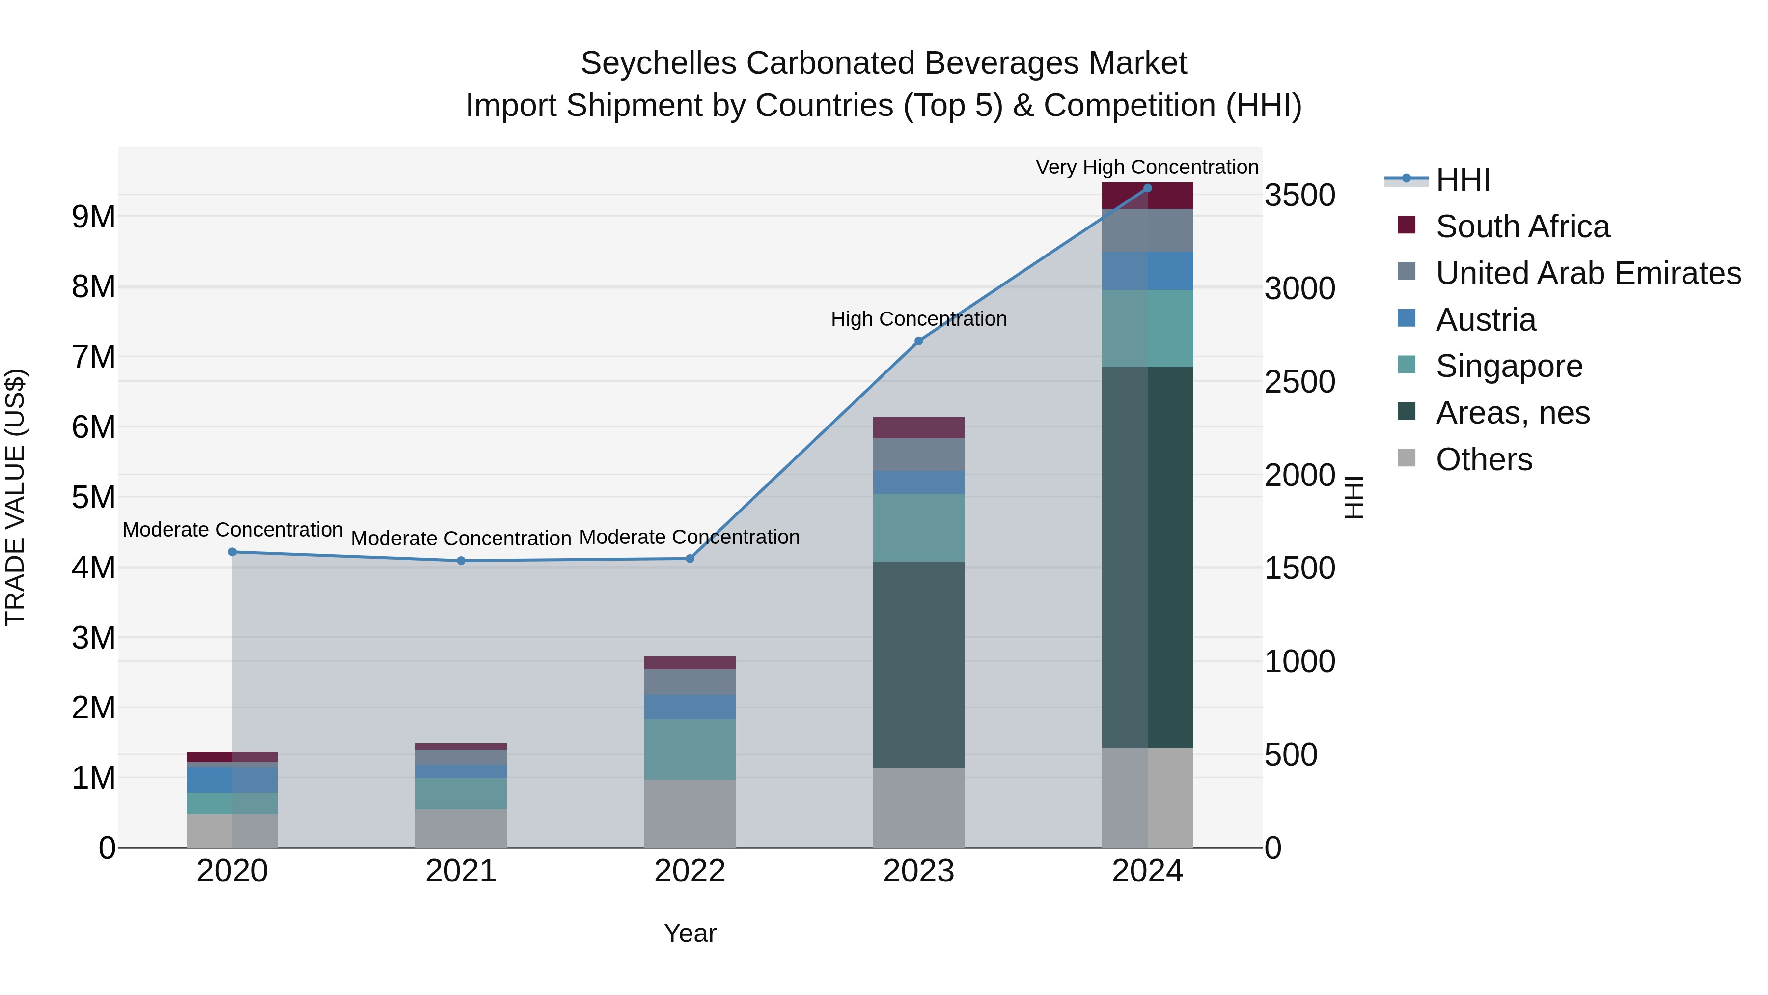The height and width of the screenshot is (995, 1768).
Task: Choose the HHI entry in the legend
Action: pyautogui.click(x=1463, y=180)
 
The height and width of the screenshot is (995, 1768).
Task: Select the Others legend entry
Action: pyautogui.click(x=1483, y=459)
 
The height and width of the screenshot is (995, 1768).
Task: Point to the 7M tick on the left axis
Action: pyautogui.click(x=93, y=357)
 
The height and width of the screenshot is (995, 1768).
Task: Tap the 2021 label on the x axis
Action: pyautogui.click(x=461, y=871)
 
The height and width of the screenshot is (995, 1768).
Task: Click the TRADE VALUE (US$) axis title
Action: pyautogui.click(x=15, y=497)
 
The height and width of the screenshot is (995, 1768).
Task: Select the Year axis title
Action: pyautogui.click(x=690, y=933)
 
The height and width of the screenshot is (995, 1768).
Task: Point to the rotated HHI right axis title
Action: pyautogui.click(x=1353, y=497)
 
